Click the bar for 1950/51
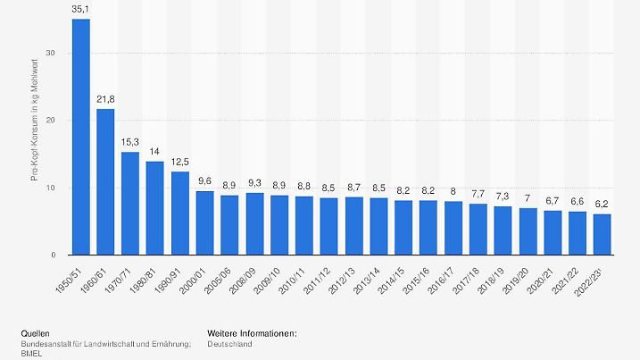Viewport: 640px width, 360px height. click(x=80, y=137)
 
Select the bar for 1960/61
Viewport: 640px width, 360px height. click(x=105, y=181)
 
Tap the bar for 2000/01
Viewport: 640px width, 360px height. click(x=205, y=222)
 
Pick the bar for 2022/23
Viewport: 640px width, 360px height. click(x=603, y=234)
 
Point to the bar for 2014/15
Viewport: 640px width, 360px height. click(x=403, y=227)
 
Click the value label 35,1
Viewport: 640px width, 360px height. click(x=80, y=11)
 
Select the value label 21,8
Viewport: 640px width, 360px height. click(x=105, y=100)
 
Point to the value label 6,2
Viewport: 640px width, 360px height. click(x=603, y=205)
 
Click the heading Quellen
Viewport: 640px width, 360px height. click(x=36, y=333)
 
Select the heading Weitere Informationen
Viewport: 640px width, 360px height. click(x=251, y=333)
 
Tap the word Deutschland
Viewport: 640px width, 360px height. click(x=229, y=344)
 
